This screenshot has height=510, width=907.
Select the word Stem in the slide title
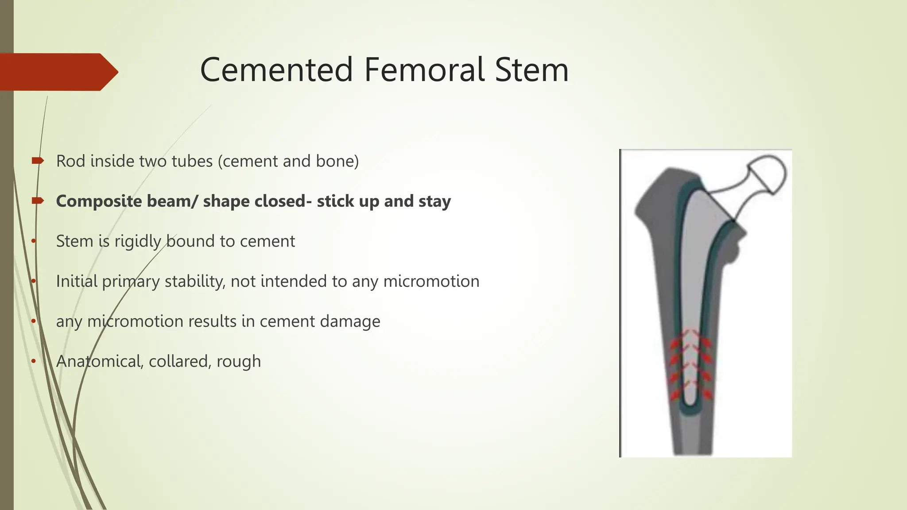531,70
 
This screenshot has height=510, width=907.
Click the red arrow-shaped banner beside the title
58,72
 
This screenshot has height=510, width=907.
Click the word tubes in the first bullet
194,161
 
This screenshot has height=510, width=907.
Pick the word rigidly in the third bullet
138,241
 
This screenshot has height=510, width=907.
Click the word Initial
77,282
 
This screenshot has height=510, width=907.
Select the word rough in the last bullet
239,362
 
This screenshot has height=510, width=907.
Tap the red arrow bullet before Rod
38,161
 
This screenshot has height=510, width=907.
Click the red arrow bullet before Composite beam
38,201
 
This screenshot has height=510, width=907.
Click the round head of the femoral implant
768,174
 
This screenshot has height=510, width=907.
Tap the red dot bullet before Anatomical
34,361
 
